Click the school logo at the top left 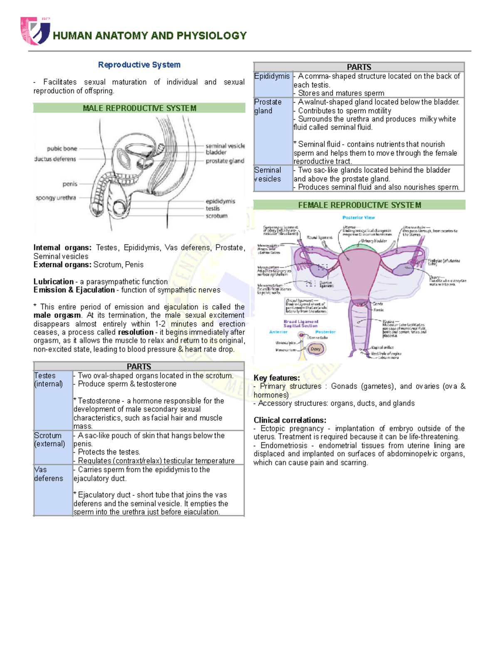point(35,31)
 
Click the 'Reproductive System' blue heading point(139,65)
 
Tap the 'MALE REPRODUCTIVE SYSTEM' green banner point(139,108)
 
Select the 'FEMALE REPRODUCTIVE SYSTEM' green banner point(359,205)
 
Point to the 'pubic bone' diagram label point(62,149)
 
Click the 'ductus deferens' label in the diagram point(55,159)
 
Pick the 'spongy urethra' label point(56,198)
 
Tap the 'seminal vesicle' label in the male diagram point(225,146)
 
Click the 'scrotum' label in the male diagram point(216,216)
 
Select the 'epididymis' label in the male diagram point(220,201)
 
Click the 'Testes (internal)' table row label point(48,380)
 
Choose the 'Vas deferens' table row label point(48,474)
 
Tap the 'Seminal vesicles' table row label point(268,175)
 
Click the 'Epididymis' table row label point(272,76)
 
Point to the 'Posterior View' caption point(358,218)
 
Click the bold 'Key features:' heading point(277,378)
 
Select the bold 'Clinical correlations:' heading point(290,420)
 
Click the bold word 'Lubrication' point(53,282)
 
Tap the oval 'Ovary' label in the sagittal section point(316,349)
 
